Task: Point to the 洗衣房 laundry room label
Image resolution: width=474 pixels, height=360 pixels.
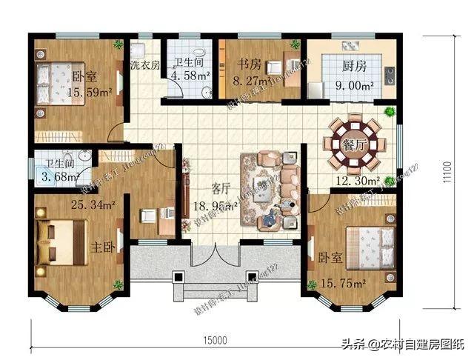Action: [145, 65]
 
